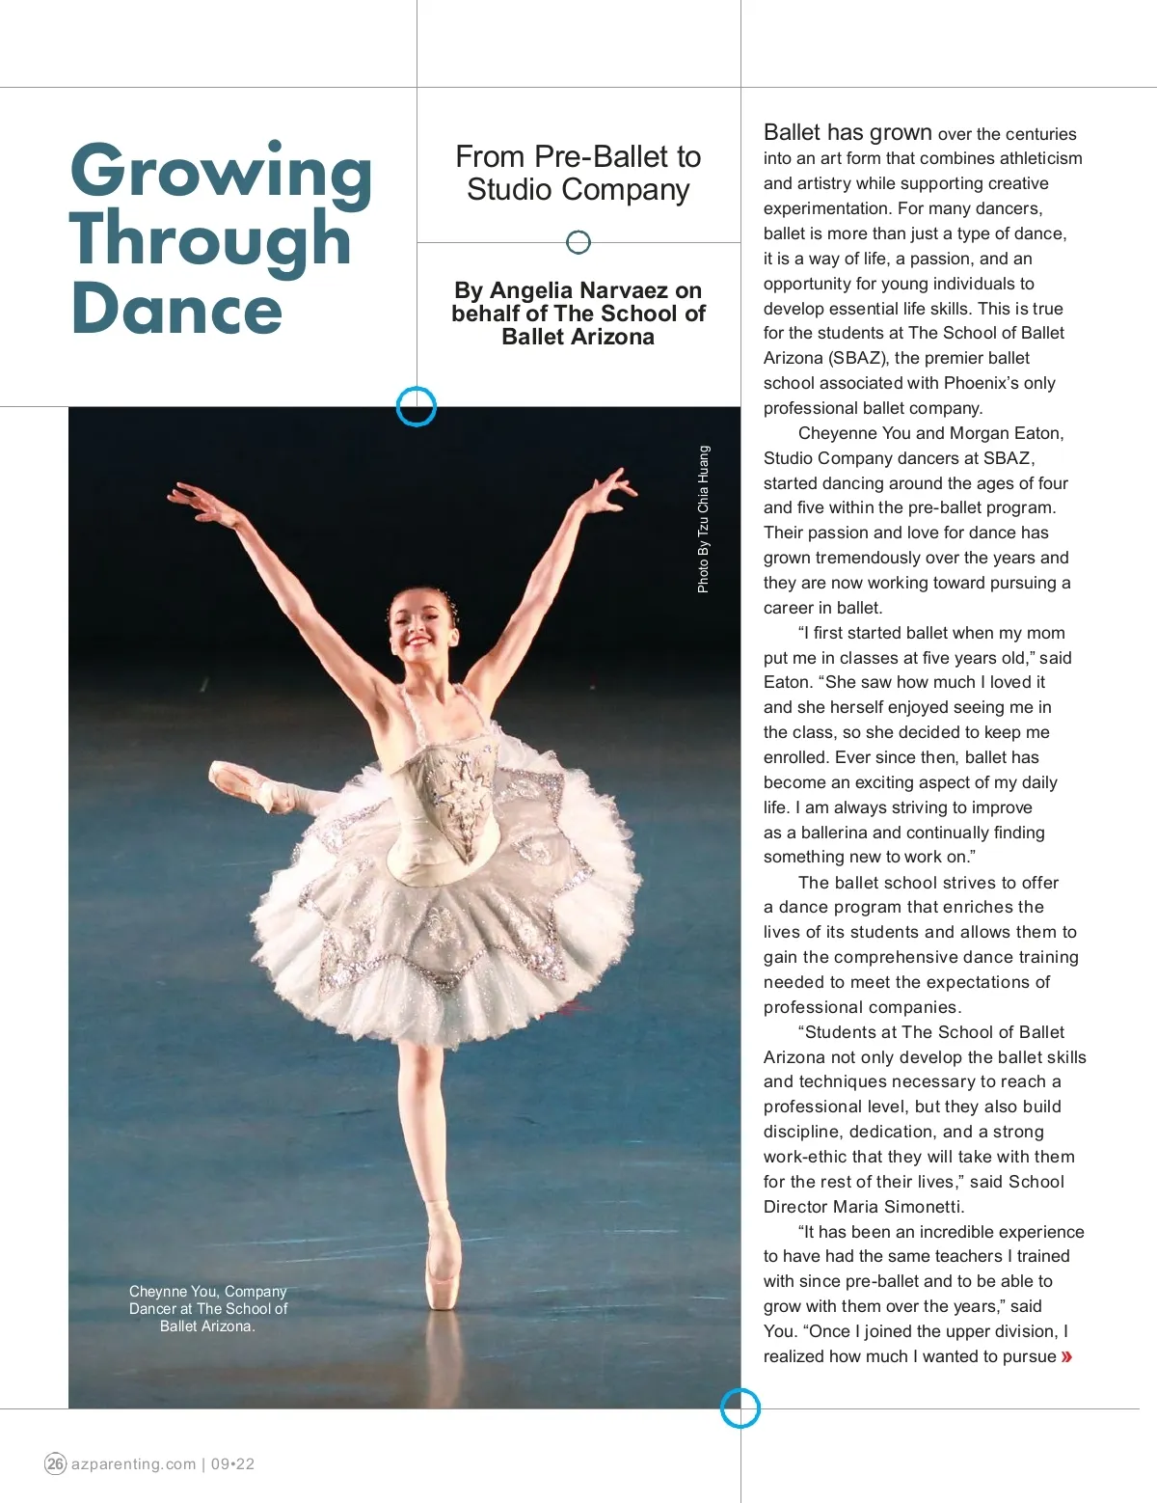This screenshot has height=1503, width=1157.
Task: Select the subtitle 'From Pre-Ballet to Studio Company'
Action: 578,173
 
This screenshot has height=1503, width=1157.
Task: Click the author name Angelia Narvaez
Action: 596,290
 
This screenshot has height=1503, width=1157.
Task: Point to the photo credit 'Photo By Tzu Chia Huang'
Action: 704,519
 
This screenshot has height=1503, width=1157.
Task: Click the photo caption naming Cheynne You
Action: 207,1308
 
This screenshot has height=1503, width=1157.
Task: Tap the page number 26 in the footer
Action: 55,1463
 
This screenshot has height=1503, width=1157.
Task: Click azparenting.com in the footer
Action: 134,1463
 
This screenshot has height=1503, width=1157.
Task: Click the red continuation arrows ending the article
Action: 1066,1357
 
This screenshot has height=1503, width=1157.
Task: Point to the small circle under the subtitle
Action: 578,242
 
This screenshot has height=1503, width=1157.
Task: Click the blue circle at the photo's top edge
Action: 417,406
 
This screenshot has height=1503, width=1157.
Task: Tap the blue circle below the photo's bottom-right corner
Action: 740,1408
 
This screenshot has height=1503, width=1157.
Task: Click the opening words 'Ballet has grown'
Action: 848,133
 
